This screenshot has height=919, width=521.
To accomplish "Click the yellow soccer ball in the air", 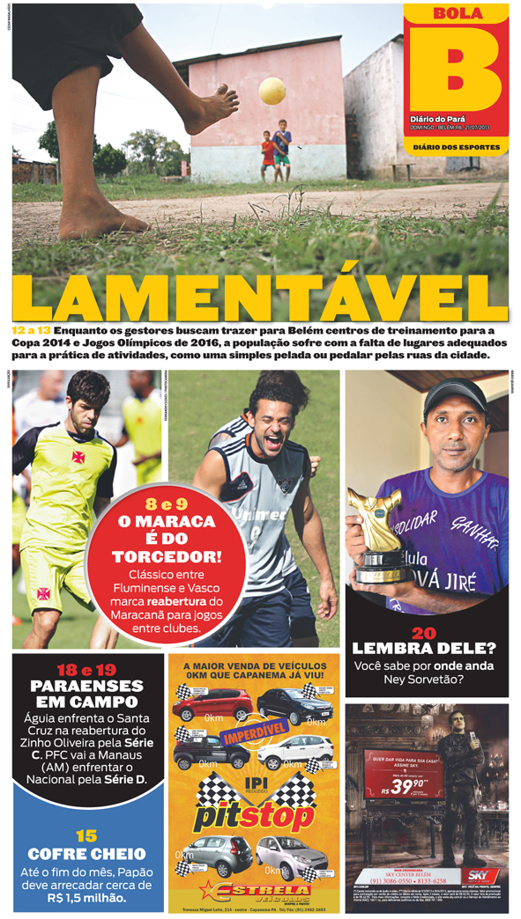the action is (x=272, y=91).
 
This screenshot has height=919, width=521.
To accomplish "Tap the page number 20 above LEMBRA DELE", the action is (x=424, y=632).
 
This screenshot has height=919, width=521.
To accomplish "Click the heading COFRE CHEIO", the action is (x=86, y=854).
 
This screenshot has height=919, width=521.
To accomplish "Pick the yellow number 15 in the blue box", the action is (x=86, y=835).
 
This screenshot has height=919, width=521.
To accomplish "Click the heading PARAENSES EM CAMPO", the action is (x=86, y=694).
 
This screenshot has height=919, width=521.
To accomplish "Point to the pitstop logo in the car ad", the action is (x=254, y=817).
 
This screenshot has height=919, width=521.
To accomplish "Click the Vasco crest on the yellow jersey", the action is (x=78, y=458).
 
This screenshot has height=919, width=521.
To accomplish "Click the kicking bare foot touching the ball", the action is (x=212, y=110).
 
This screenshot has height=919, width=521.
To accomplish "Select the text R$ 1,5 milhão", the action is (x=86, y=898).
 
